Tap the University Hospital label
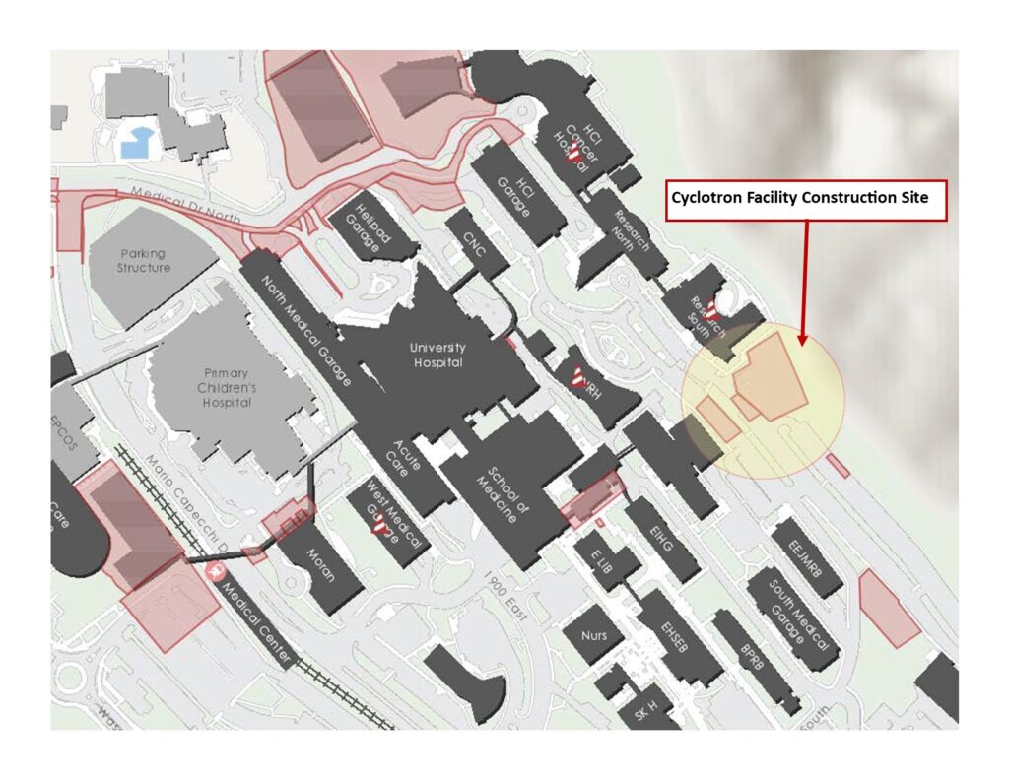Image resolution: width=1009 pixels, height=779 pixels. (438, 356)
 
